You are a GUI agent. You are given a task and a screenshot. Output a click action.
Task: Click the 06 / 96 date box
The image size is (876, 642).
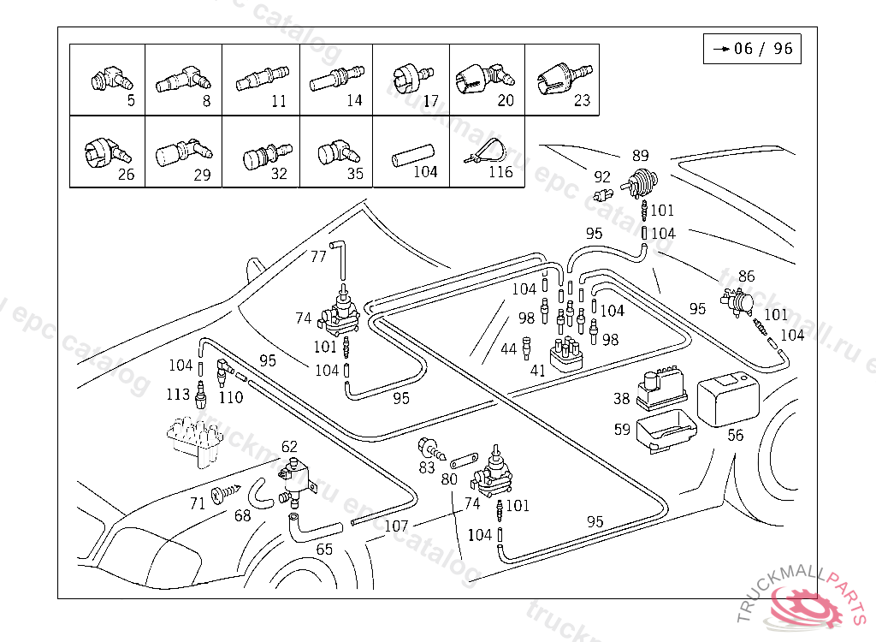752,49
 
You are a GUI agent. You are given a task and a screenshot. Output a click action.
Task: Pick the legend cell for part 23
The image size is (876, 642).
560,80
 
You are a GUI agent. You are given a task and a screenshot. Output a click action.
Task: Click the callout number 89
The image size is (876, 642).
640,156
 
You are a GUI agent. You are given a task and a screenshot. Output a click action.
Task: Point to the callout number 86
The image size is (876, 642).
747,276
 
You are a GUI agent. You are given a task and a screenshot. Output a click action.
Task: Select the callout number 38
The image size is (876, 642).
621,398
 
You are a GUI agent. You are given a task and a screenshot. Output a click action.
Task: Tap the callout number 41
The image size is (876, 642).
537,372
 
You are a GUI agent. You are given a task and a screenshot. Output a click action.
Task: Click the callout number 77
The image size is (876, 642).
318,256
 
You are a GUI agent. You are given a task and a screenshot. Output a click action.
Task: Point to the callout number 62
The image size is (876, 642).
290,446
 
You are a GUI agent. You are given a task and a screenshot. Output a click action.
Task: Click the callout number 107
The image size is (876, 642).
396,526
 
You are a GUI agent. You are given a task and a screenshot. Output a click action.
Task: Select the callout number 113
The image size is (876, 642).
178,394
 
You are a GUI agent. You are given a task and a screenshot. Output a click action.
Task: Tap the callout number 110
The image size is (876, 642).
231,397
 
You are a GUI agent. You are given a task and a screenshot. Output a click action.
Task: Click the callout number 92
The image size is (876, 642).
602,177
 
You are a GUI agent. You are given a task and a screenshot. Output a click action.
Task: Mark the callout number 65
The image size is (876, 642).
324,550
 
